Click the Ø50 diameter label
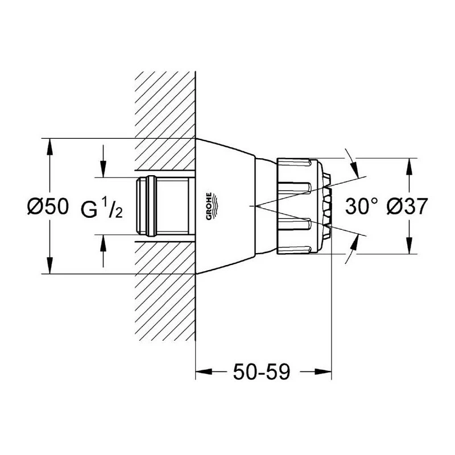[x=48, y=206]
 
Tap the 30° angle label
[x=361, y=206]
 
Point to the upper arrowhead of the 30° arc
[x=354, y=169]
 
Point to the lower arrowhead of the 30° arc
[x=354, y=243]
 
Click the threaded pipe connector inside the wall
[x=165, y=206]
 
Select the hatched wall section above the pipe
[x=165, y=119]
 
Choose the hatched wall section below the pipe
[x=165, y=296]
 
